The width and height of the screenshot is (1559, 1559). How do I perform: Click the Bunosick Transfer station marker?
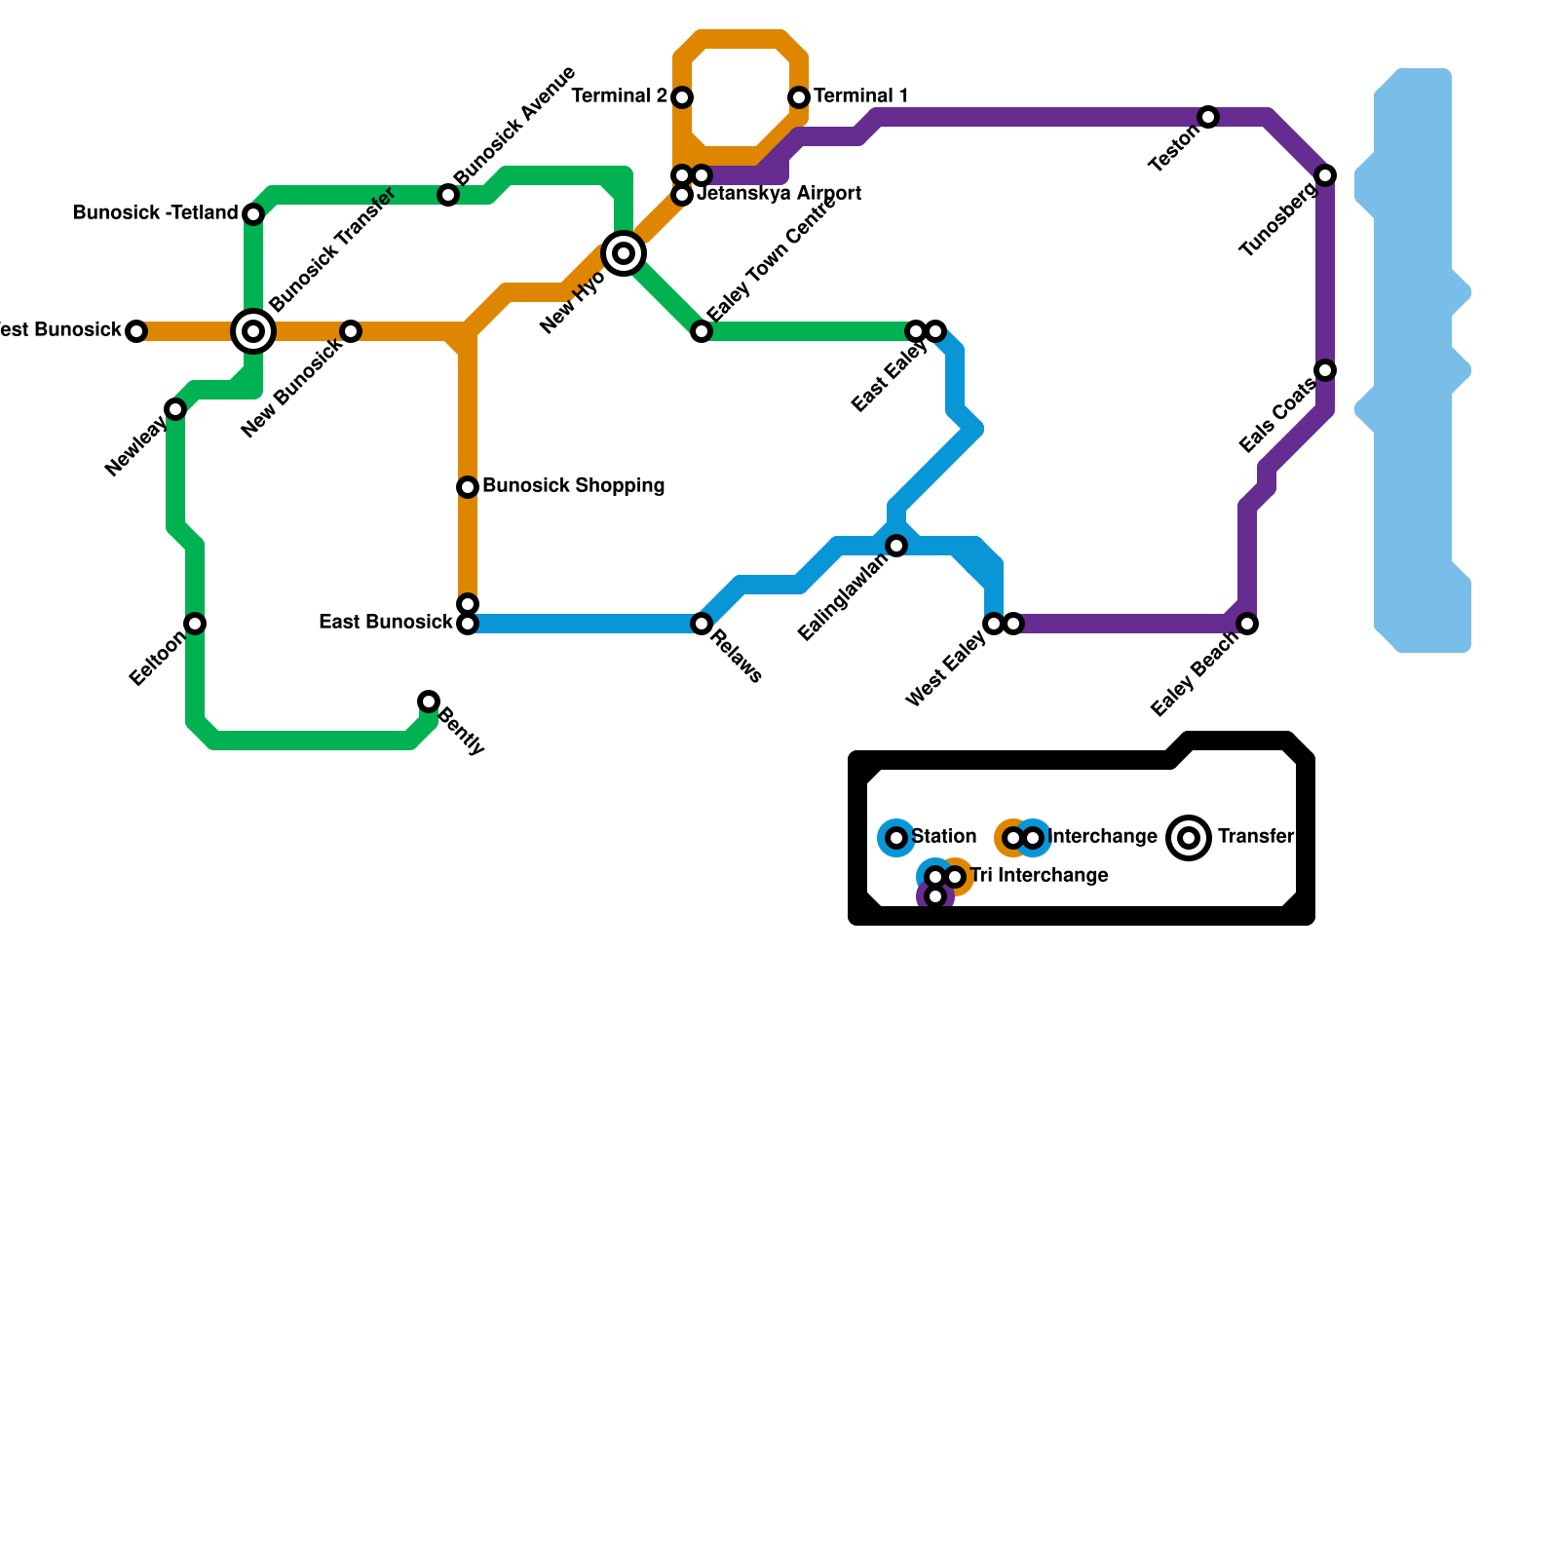click(253, 331)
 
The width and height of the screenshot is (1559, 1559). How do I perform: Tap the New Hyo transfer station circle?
click(624, 253)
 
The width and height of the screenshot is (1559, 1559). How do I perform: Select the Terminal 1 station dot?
click(799, 97)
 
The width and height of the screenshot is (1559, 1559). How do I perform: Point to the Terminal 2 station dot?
click(682, 97)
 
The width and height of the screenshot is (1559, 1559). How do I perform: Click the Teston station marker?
click(1208, 117)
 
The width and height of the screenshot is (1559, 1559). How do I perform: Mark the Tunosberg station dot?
click(1325, 175)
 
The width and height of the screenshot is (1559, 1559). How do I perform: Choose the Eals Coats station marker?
click(1325, 370)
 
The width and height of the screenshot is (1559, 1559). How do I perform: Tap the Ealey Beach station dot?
click(1247, 624)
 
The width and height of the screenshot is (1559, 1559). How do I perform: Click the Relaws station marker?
click(702, 624)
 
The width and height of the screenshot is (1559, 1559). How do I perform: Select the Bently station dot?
click(429, 702)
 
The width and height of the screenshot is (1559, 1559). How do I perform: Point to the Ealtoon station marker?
click(195, 624)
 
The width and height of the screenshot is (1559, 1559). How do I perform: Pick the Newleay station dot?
click(175, 409)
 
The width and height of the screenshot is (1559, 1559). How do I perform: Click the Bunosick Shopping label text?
click(573, 486)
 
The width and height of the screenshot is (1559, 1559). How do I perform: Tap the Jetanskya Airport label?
click(779, 194)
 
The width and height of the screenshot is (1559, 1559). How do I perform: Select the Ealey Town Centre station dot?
click(702, 331)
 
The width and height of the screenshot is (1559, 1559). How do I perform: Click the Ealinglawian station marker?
click(896, 546)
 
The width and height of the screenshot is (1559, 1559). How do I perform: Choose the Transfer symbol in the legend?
click(1189, 838)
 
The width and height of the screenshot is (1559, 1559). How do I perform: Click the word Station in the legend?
click(943, 837)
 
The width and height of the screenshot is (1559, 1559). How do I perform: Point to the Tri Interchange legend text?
click(1039, 876)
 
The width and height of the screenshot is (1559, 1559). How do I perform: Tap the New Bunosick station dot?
click(351, 331)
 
